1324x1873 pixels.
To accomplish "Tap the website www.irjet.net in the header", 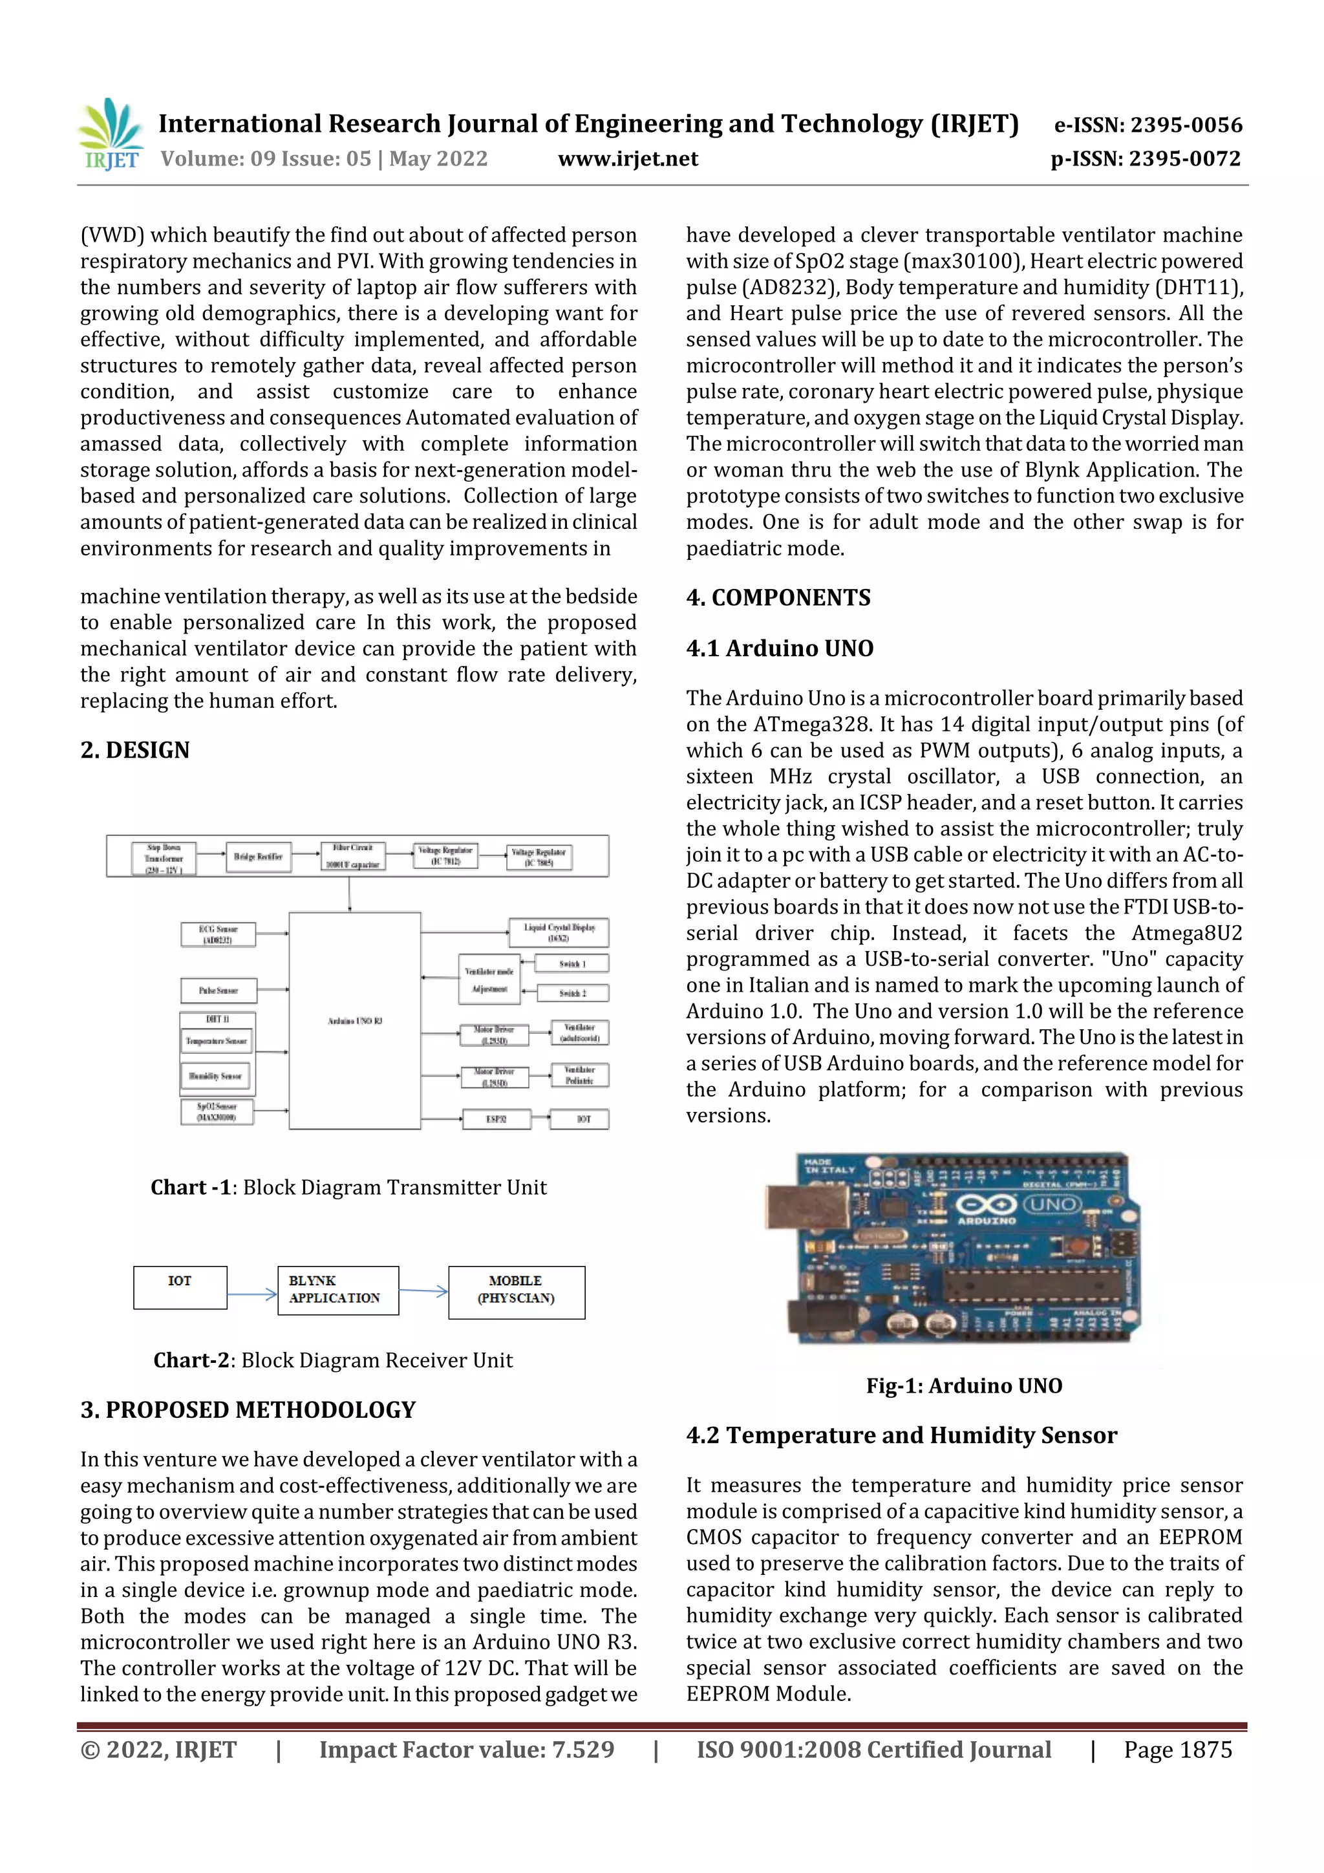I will coord(627,158).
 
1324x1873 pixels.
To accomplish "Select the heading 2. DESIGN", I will coord(134,750).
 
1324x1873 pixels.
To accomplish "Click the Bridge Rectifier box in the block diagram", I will coord(258,857).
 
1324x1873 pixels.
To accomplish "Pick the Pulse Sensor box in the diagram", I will coord(218,990).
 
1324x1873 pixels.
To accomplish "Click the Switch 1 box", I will coord(572,963).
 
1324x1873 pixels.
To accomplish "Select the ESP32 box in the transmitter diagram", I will coord(496,1118).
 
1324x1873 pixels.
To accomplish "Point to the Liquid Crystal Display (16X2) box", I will coord(559,932).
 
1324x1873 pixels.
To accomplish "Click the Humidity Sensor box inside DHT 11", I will coord(215,1076).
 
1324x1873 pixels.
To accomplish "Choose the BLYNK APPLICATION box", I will coord(337,1290).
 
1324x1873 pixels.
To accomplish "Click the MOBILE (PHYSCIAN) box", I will coord(517,1291).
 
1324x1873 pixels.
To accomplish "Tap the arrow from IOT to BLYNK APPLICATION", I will coord(252,1294).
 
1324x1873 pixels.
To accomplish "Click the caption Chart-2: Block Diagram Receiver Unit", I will coord(333,1360).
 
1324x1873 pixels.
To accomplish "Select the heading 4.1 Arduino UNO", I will coord(779,648).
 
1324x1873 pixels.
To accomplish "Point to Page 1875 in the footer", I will coord(1177,1749).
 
